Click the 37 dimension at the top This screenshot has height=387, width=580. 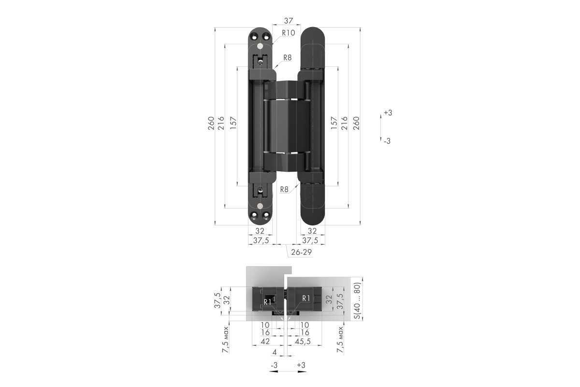pyautogui.click(x=289, y=20)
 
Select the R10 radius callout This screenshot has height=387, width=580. pyautogui.click(x=289, y=33)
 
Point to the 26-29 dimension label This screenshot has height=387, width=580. pyautogui.click(x=301, y=252)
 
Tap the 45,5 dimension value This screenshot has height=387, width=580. pyautogui.click(x=303, y=342)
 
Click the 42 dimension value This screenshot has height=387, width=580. pyautogui.click(x=265, y=341)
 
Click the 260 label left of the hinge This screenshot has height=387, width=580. pyautogui.click(x=211, y=123)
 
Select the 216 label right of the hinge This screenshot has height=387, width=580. pyautogui.click(x=344, y=123)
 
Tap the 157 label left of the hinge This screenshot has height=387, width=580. pyautogui.click(x=233, y=123)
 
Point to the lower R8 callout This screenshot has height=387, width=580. pyautogui.click(x=284, y=190)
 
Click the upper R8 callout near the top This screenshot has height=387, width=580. pyautogui.click(x=288, y=58)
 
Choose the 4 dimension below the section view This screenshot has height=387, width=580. pyautogui.click(x=275, y=352)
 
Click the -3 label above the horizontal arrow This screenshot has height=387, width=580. pyautogui.click(x=274, y=365)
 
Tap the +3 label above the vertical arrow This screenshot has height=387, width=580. pyautogui.click(x=388, y=113)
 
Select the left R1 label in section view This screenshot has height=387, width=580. pyautogui.click(x=267, y=302)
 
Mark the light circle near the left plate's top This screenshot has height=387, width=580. pyautogui.click(x=260, y=46)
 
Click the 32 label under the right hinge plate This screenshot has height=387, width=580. pyautogui.click(x=312, y=231)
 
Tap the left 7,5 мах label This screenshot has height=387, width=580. pyautogui.click(x=226, y=340)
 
